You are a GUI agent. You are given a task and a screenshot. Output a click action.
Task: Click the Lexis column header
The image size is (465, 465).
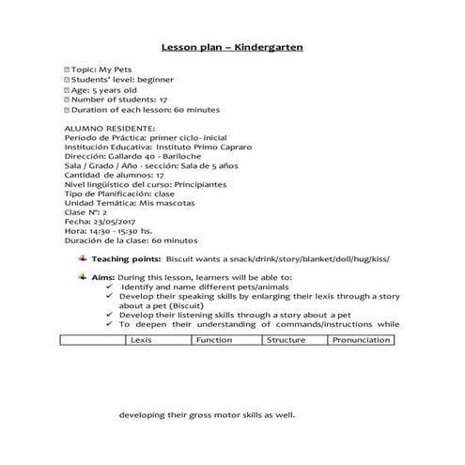click(143, 339)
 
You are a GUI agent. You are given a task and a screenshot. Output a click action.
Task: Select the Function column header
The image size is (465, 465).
click(213, 339)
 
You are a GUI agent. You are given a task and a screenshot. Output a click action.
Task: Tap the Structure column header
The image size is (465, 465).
click(286, 339)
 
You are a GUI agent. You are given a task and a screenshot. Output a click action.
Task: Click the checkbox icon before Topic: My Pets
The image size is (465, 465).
click(67, 70)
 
